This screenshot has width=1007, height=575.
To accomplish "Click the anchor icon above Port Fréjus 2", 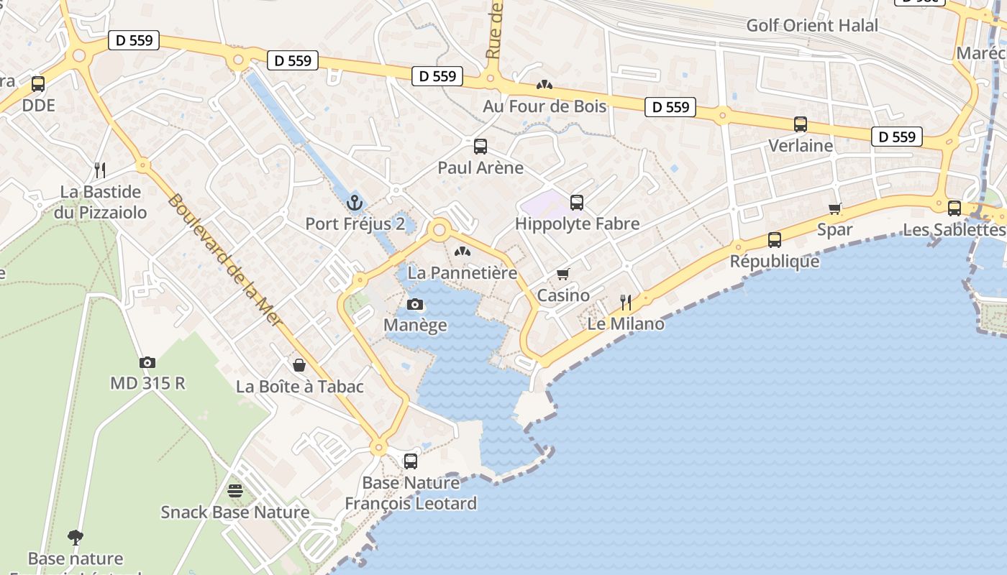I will (x=353, y=202).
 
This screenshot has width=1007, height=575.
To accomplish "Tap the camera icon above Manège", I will (x=414, y=304).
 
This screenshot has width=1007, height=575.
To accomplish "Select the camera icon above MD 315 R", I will (x=147, y=362).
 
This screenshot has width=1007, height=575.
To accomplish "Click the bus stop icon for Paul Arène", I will (x=480, y=147).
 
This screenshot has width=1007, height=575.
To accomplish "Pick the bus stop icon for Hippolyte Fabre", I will (x=577, y=203).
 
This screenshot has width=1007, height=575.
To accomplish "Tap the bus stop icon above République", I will (x=775, y=240).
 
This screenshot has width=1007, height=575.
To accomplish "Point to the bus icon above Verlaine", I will (x=801, y=124).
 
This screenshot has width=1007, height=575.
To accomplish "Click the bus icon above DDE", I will (x=38, y=84).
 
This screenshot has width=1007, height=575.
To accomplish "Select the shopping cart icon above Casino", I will (x=563, y=274).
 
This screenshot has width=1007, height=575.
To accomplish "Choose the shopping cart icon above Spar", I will (x=835, y=208).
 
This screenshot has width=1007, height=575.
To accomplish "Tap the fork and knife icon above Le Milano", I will (x=626, y=302).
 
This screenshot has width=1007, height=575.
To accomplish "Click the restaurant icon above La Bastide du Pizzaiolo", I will (x=100, y=170).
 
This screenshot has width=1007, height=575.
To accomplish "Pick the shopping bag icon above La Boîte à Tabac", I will (x=299, y=365).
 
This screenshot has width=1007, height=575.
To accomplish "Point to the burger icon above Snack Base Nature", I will (x=235, y=491).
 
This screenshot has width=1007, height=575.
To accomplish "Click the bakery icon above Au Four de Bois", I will (x=544, y=85).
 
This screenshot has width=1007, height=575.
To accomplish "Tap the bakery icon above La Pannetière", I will (x=463, y=252).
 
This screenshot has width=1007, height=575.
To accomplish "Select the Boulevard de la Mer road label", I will (x=224, y=259).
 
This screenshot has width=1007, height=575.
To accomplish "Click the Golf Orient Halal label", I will (x=812, y=25).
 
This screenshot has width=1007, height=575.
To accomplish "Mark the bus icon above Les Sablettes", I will (x=954, y=208).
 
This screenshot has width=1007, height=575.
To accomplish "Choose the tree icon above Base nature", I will (x=75, y=537).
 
